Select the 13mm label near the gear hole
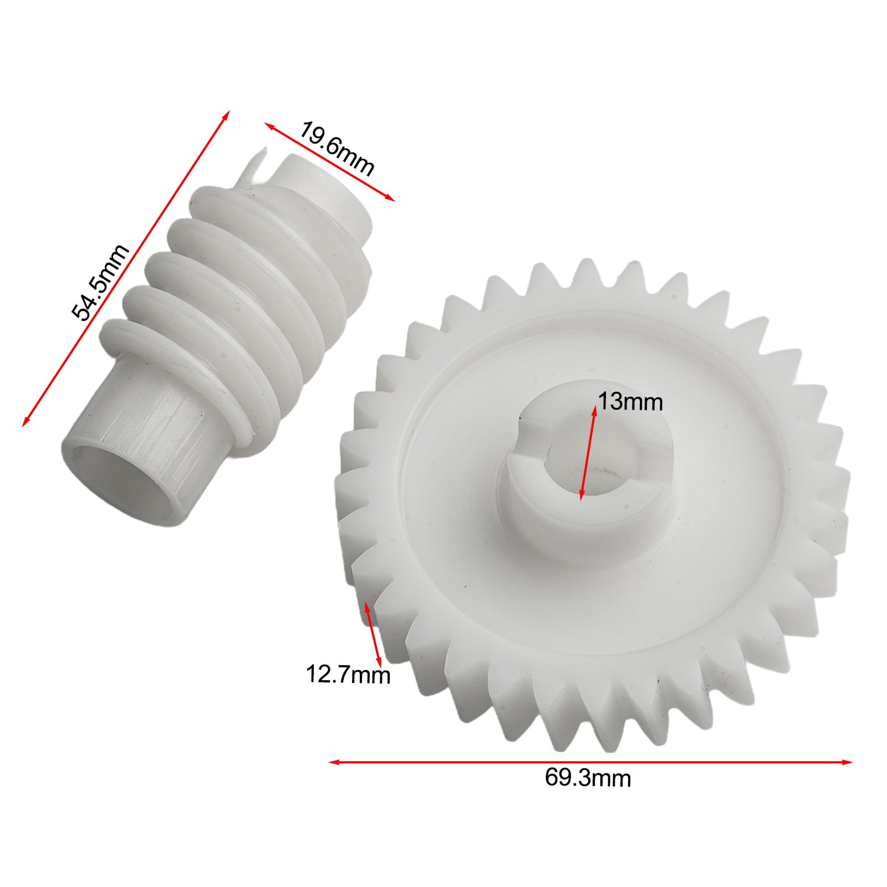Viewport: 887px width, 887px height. point(630,402)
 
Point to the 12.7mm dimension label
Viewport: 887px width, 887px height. point(348,675)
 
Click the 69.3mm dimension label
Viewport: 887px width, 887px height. point(588,778)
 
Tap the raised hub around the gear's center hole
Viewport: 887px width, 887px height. point(532,510)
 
